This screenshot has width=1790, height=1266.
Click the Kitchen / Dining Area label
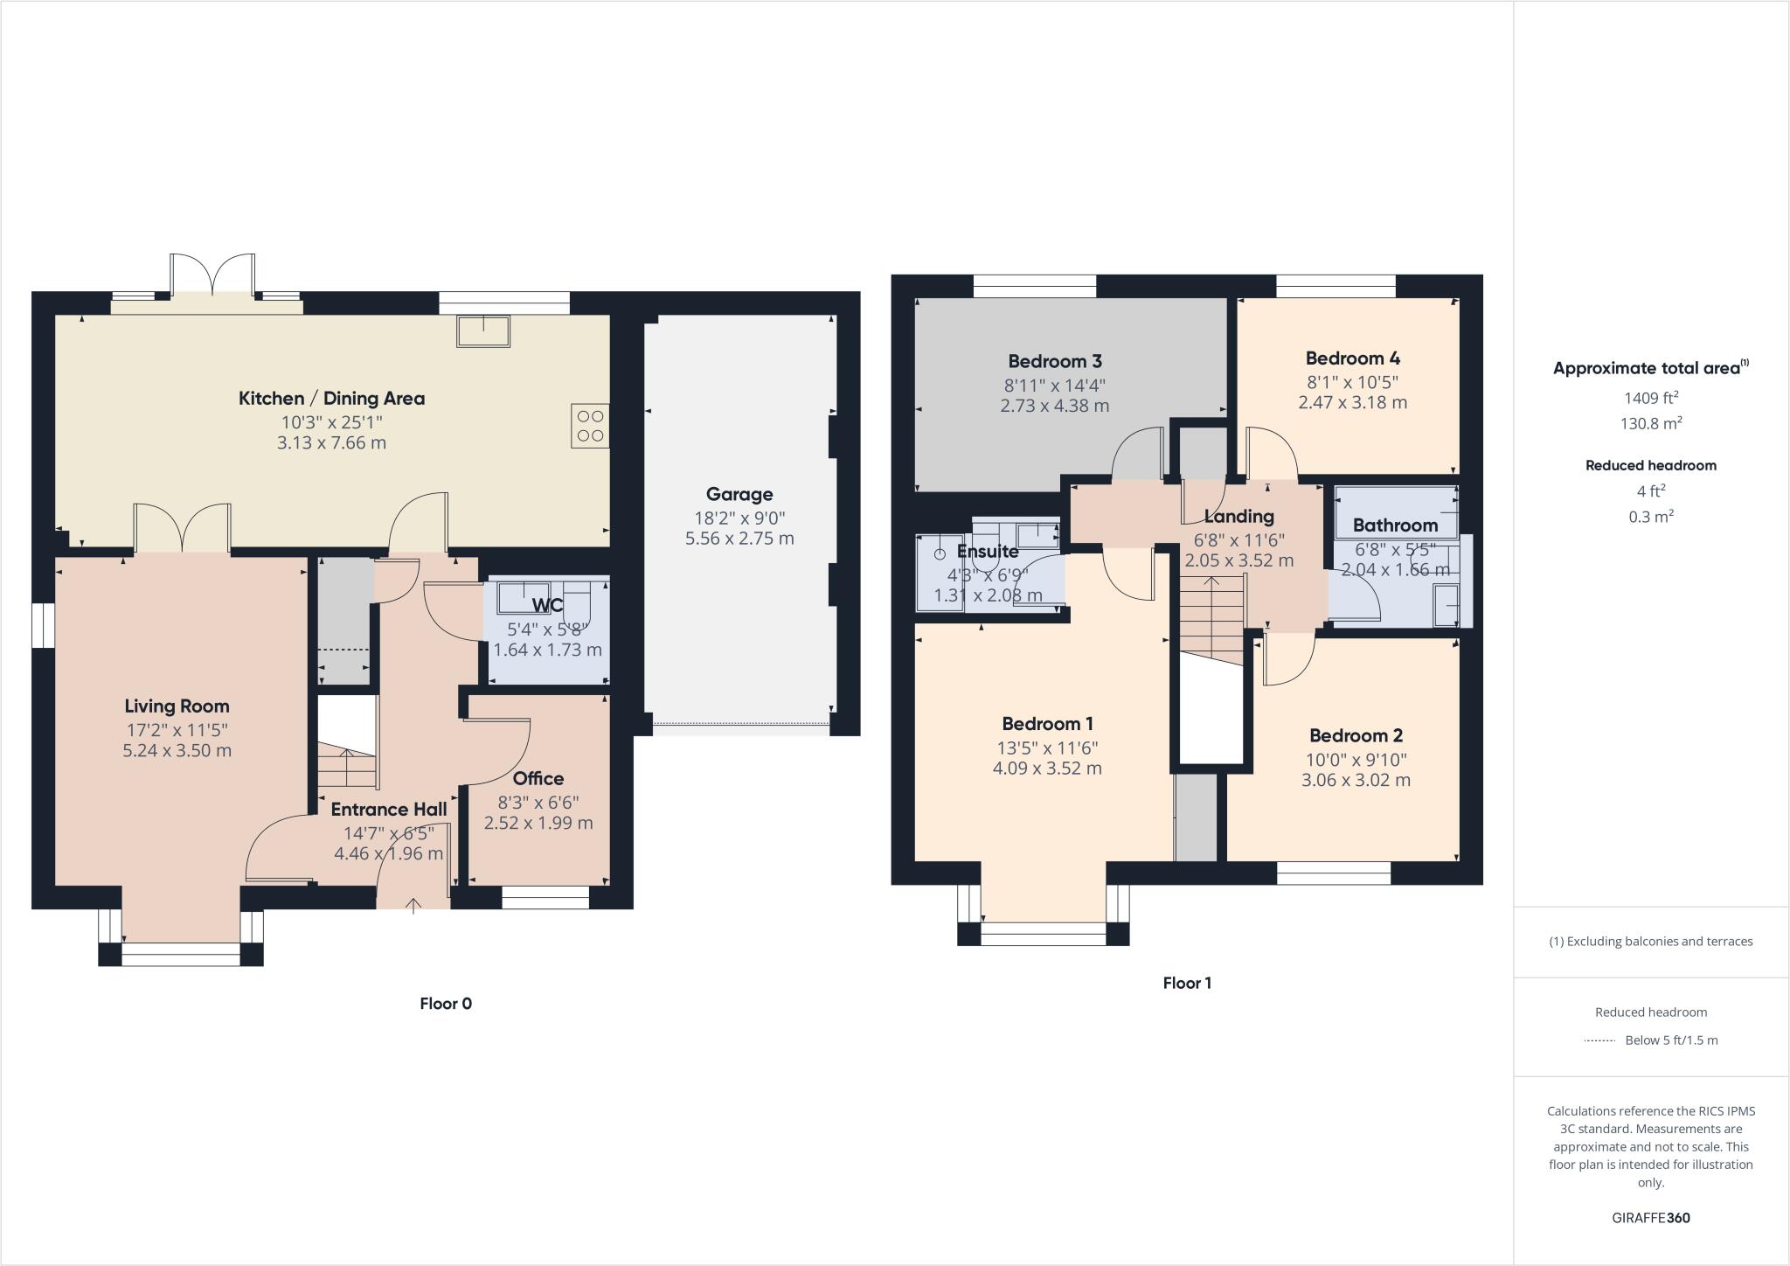331,399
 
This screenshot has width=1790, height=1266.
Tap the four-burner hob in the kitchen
590,426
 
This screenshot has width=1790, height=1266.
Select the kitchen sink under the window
483,331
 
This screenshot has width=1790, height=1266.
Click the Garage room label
739,495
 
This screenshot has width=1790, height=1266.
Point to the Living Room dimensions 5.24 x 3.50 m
177,751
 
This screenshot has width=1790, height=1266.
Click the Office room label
538,779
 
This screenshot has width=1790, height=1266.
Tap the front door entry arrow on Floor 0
413,905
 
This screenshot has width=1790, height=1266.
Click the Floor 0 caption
445,1004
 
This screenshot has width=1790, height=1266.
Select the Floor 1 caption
1187,983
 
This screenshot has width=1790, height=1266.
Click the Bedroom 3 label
1054,362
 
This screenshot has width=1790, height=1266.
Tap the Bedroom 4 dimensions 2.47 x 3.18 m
1352,403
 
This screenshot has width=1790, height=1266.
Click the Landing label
1238,517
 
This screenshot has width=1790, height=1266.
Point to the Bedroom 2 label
1356,736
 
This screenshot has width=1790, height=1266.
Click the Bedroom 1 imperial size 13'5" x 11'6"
1047,748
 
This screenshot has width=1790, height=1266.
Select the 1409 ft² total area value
1650,399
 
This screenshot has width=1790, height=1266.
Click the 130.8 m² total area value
1650,424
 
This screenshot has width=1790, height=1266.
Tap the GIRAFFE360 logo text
1650,1218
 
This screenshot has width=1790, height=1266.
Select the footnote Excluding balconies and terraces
1650,942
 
